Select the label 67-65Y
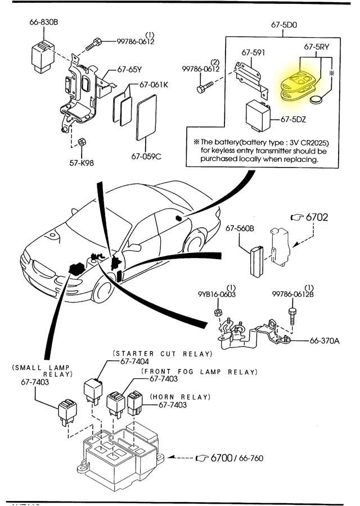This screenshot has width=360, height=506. [x=129, y=70]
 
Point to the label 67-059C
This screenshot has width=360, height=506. [x=147, y=156]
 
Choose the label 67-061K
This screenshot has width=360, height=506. [x=154, y=85]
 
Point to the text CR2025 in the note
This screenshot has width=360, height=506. [x=304, y=142]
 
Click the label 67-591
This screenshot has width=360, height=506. [x=253, y=52]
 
